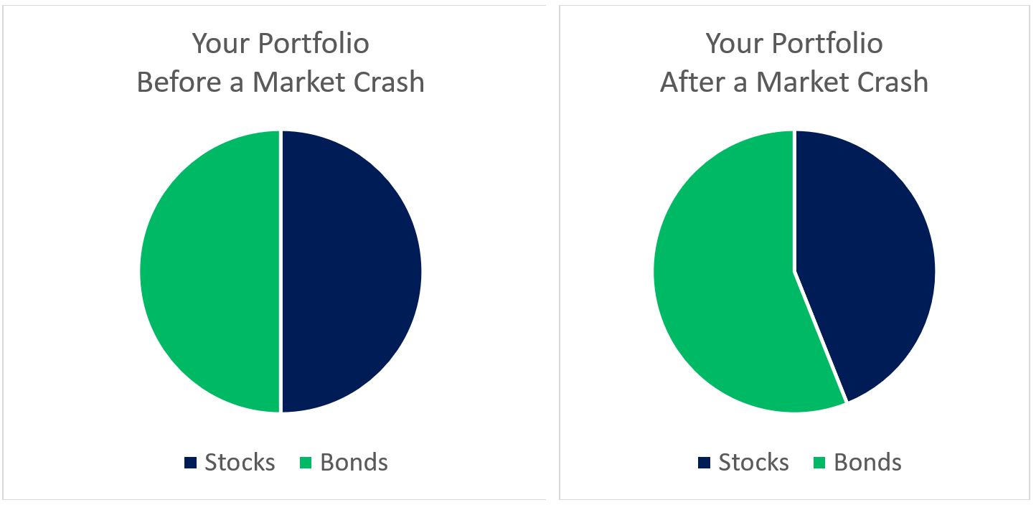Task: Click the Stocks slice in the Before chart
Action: [352, 271]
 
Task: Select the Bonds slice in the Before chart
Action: [209, 271]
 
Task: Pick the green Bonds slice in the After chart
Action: [725, 287]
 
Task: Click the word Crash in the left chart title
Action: [390, 82]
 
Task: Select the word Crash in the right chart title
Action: [893, 82]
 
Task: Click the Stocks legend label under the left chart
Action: [240, 463]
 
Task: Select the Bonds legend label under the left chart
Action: [354, 463]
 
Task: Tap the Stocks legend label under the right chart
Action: [753, 463]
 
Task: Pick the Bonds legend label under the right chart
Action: [867, 463]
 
